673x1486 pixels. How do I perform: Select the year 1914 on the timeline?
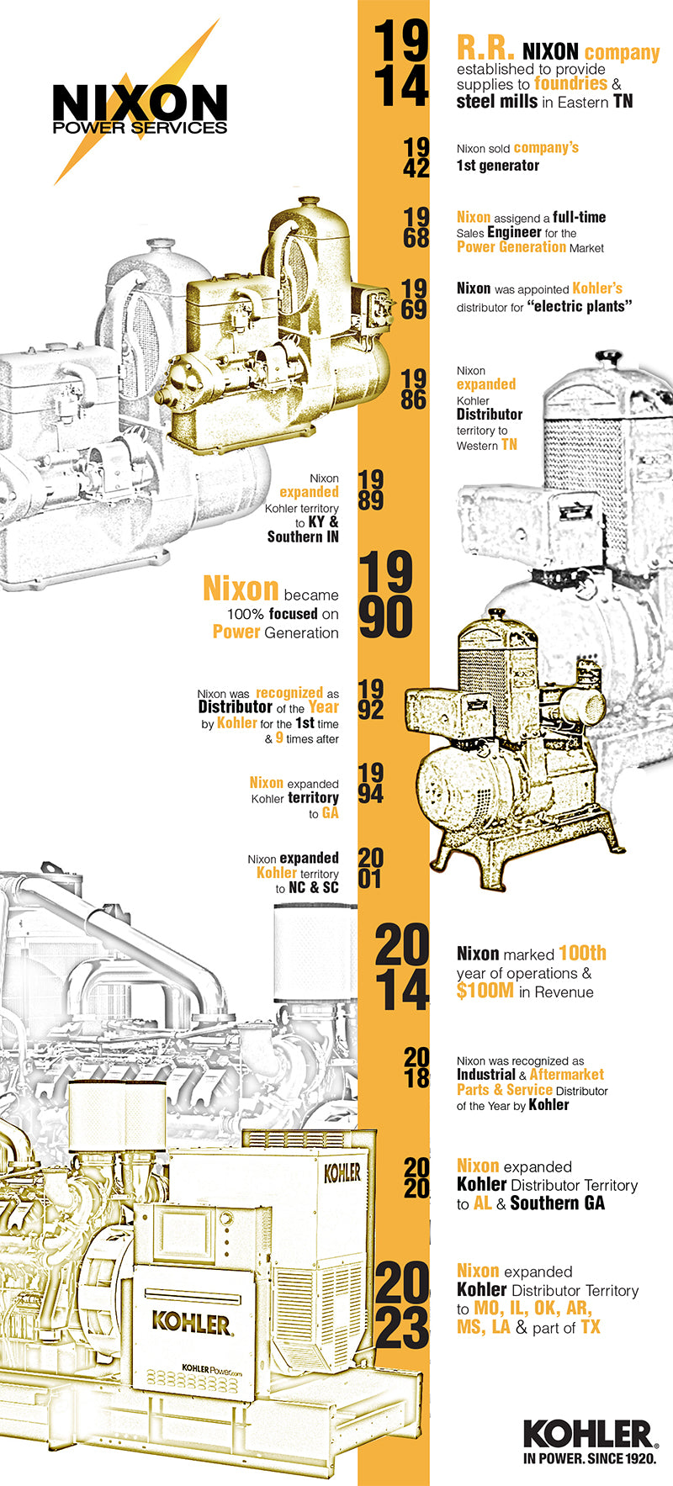(x=400, y=64)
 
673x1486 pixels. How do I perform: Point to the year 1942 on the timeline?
(x=416, y=157)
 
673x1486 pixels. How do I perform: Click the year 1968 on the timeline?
(x=416, y=227)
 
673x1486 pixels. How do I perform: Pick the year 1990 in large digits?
(x=386, y=595)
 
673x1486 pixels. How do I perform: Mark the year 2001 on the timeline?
(x=370, y=869)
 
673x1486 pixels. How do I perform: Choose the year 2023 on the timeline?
(x=402, y=1305)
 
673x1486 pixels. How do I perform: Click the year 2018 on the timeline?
(x=416, y=1068)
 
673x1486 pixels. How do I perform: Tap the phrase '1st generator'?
(x=498, y=166)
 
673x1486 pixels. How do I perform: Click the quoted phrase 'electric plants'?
(x=580, y=306)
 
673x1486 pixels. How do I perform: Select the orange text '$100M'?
(x=485, y=992)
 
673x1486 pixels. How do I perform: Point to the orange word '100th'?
(x=582, y=954)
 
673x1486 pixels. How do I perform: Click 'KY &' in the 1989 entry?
(x=323, y=522)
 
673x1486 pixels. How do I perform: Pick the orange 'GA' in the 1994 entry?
(x=330, y=813)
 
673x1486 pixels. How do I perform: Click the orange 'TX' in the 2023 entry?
(x=591, y=1327)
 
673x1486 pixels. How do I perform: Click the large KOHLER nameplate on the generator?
(x=190, y=1323)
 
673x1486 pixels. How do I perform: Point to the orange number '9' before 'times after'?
(x=279, y=738)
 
